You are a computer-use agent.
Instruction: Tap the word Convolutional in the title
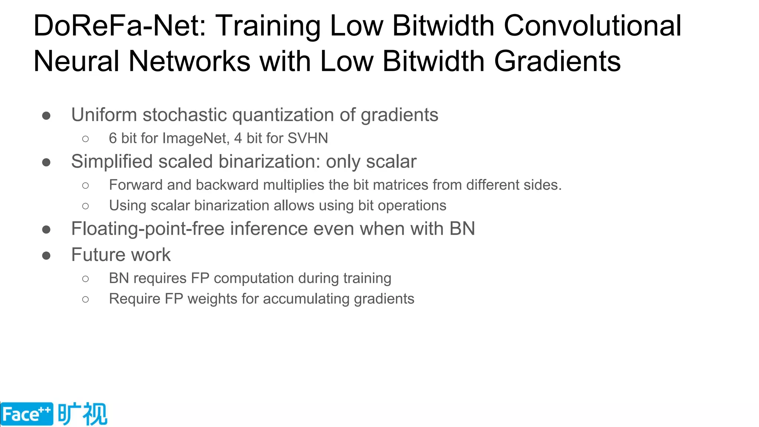(x=592, y=26)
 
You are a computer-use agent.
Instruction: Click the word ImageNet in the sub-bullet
(x=196, y=139)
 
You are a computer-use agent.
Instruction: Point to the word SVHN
(x=308, y=139)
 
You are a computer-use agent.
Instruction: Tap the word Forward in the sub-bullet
(x=136, y=185)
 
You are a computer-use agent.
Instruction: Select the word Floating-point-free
(x=148, y=229)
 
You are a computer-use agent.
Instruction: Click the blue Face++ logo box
(x=27, y=414)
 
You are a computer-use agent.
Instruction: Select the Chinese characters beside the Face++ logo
(x=82, y=414)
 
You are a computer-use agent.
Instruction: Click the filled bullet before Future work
(x=46, y=256)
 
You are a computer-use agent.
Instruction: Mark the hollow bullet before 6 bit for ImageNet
(x=86, y=139)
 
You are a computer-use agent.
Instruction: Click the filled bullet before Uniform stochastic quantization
(x=46, y=116)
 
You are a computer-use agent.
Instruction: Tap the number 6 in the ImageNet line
(x=113, y=139)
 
